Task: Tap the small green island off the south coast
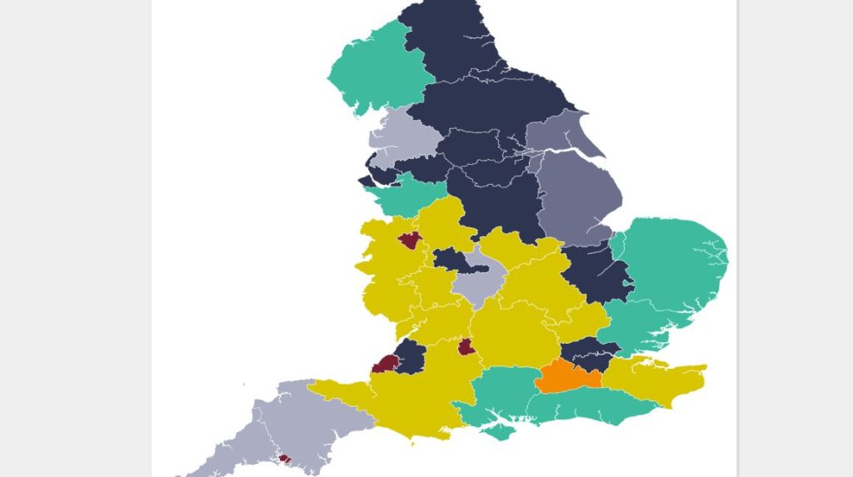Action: (x=498, y=431)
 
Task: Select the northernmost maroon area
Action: (x=410, y=241)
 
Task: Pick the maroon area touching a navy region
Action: (x=386, y=364)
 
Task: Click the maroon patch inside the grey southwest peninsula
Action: (x=285, y=458)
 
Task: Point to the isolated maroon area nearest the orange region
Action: (x=466, y=346)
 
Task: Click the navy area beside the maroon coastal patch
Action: (x=410, y=356)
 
